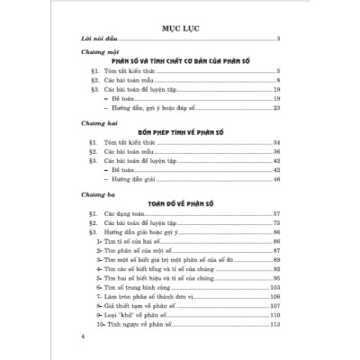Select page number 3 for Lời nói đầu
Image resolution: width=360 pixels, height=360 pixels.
[x=281, y=42]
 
